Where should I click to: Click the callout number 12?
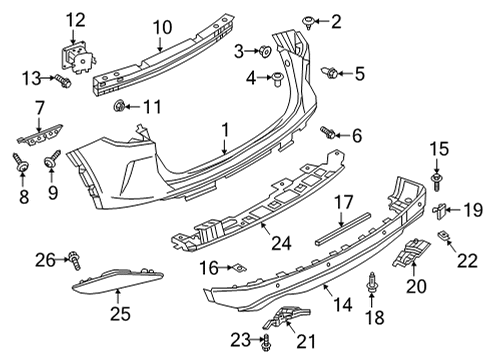(x=76, y=18)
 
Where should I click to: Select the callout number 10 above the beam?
(x=162, y=26)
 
